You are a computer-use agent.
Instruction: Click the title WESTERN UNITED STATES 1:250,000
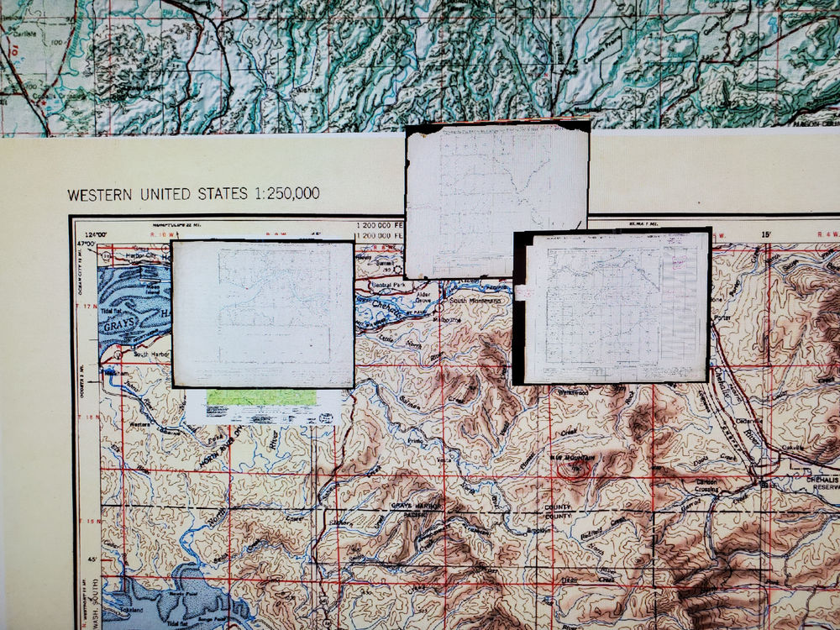193,194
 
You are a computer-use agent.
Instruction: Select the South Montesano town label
476,300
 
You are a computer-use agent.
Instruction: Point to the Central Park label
388,285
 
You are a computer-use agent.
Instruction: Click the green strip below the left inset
262,397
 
